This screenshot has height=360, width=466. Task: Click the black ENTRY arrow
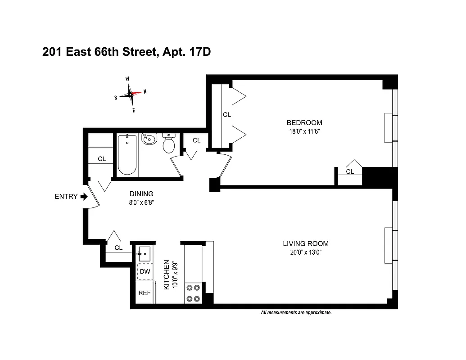tap(84, 197)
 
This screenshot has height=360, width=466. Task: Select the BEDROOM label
tap(304, 123)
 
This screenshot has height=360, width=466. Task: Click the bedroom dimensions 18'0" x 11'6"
tap(304, 132)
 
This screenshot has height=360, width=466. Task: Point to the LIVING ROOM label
tap(305, 243)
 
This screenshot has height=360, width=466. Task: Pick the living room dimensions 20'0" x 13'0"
tap(305, 252)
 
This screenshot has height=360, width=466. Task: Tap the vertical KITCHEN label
tap(166, 274)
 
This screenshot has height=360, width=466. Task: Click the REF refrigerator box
tap(145, 293)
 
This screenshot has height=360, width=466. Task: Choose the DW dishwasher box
tap(145, 272)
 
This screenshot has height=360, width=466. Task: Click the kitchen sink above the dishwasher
tap(145, 253)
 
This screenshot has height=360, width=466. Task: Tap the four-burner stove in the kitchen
tap(193, 292)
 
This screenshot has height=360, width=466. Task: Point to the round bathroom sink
tap(149, 140)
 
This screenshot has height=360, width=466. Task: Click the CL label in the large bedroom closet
tap(227, 115)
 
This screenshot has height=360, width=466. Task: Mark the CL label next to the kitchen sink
tap(118, 248)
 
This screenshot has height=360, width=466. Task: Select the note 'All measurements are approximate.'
tap(296, 312)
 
